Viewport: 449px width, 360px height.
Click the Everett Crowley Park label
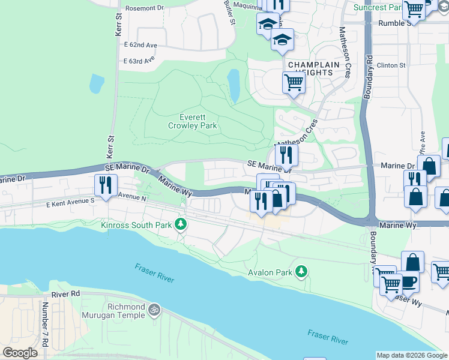pos(192,122)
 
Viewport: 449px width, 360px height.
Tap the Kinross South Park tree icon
pos(181,225)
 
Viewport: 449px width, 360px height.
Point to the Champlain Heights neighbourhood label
pos(310,68)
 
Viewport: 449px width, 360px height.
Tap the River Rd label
pos(65,295)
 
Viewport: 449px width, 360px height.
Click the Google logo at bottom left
pos(20,353)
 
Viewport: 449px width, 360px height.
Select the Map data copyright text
pos(411,355)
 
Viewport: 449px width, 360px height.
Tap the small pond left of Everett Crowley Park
pos(97,83)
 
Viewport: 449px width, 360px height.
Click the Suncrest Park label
pos(377,8)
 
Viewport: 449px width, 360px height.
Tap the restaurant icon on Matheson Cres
pos(286,155)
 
